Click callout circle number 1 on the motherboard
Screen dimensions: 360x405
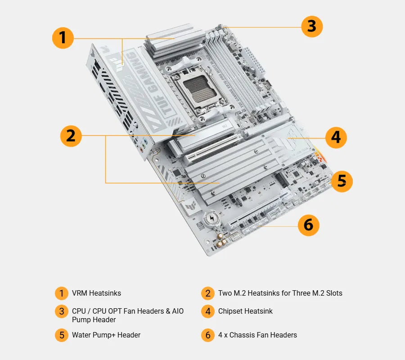point(63,37)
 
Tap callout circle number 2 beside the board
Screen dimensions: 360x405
point(71,135)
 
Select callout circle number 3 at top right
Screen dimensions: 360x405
point(312,26)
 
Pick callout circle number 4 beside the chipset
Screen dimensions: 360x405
point(336,137)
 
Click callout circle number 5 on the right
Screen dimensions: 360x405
point(342,181)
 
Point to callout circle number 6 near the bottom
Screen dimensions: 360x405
point(308,225)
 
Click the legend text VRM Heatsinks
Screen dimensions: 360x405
point(96,293)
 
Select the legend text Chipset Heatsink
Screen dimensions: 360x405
point(245,311)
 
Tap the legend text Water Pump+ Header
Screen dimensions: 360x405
point(106,335)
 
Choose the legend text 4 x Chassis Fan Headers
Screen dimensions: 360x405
point(257,335)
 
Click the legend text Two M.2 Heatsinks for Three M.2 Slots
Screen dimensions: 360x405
point(280,293)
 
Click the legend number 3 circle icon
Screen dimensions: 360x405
point(62,311)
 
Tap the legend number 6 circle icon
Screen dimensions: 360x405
point(207,335)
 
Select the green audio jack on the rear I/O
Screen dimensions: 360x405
point(143,146)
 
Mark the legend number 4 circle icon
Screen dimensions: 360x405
point(207,311)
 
